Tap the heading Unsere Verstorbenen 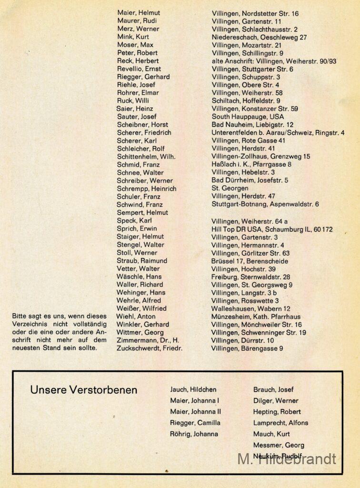(x=83, y=390)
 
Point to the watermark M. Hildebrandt (x=287, y=459)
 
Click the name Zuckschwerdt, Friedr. (x=150, y=348)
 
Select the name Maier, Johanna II (x=195, y=412)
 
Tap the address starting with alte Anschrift (x=274, y=61)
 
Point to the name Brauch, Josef (x=273, y=389)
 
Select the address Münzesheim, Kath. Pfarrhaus (x=256, y=316)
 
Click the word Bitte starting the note (x=20, y=315)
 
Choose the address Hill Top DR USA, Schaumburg (x=272, y=229)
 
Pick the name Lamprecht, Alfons (x=280, y=423)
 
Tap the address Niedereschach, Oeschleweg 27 (x=259, y=37)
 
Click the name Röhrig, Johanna (x=194, y=434)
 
